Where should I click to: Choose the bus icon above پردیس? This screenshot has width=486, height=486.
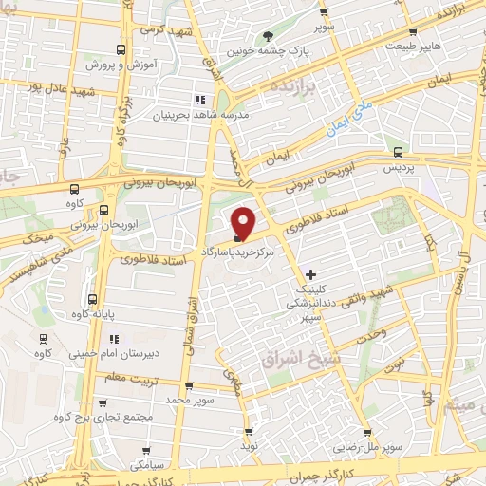[x=397, y=151]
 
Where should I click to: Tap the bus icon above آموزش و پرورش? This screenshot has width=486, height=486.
[x=120, y=49]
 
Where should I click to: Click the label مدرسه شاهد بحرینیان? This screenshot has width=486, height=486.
[x=200, y=115]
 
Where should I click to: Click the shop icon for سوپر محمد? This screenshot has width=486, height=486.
[x=189, y=386]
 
